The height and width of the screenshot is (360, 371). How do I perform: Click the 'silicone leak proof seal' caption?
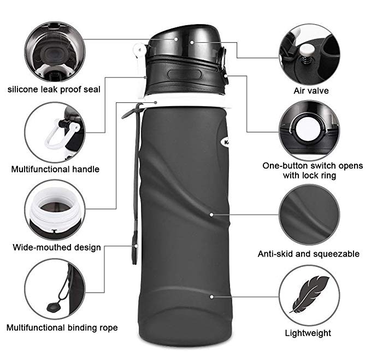click(54, 90)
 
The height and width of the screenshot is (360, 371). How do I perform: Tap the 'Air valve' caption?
click(311, 91)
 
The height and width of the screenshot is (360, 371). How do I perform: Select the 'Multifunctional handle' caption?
click(55, 169)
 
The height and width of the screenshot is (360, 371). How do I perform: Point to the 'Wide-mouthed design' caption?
click(57, 247)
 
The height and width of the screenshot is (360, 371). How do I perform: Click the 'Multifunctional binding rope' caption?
click(62, 328)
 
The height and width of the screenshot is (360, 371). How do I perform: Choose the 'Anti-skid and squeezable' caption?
click(309, 254)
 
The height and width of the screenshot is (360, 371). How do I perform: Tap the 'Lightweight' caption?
click(308, 333)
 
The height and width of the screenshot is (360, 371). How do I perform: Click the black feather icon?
click(309, 294)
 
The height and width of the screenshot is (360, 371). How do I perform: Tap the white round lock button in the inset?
click(309, 129)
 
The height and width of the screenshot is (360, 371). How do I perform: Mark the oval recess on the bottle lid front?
click(184, 74)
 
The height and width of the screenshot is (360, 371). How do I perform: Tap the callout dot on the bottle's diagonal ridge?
click(211, 214)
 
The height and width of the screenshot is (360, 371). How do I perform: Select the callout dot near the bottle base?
click(212, 297)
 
